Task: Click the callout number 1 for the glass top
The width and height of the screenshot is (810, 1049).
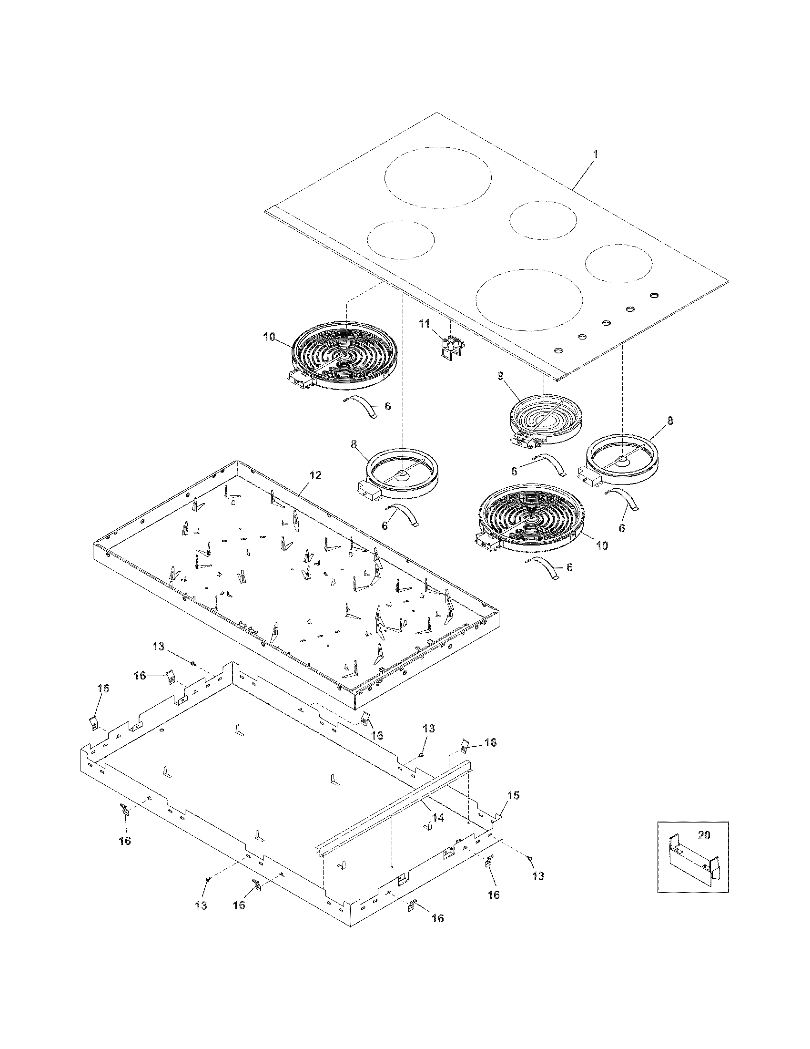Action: click(x=596, y=154)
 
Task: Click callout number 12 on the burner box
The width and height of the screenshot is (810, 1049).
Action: click(x=315, y=475)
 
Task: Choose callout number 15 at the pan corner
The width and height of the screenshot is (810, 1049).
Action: click(x=514, y=795)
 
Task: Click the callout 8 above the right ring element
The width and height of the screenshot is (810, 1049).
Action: click(x=670, y=421)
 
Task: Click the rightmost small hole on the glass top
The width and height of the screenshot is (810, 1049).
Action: click(x=654, y=295)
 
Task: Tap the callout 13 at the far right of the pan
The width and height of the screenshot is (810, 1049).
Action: click(x=538, y=876)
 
